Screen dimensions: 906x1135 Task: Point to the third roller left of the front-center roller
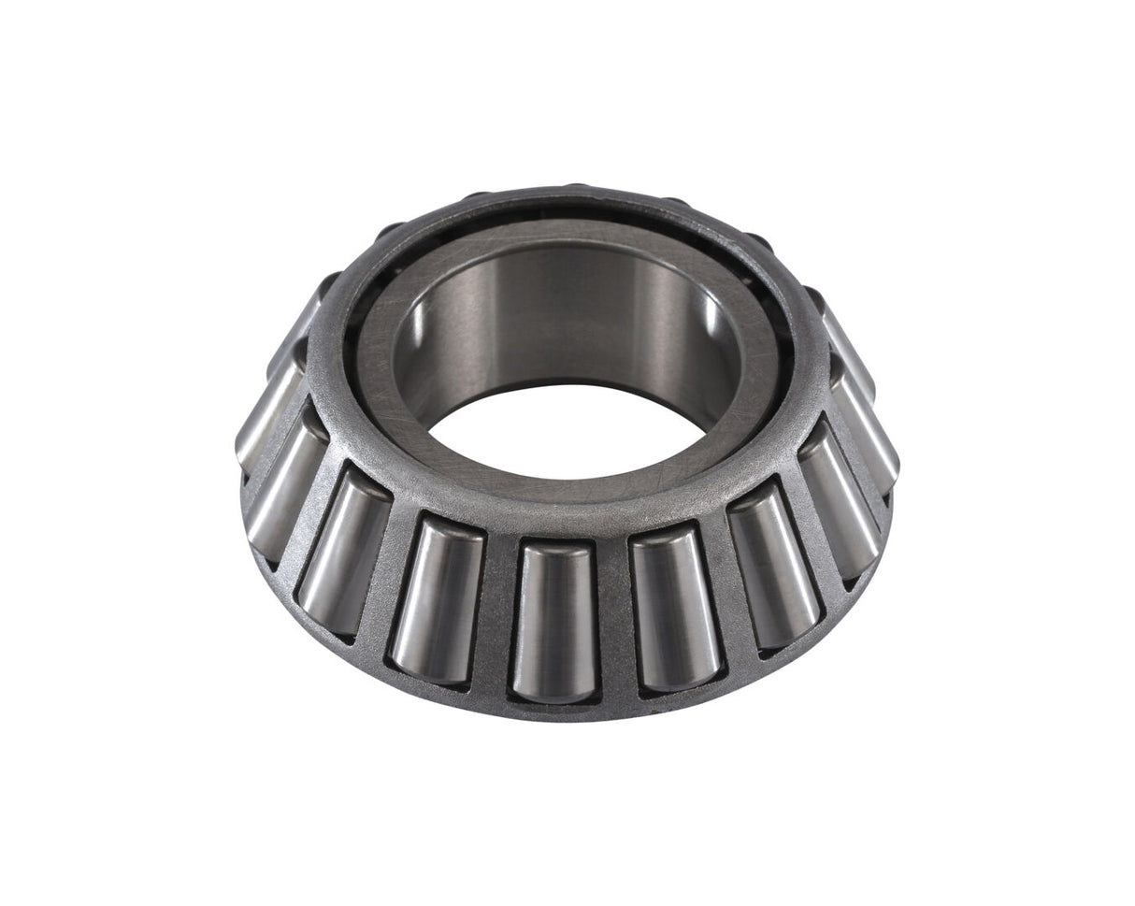click(283, 485)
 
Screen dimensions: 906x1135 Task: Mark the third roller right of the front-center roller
click(838, 506)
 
